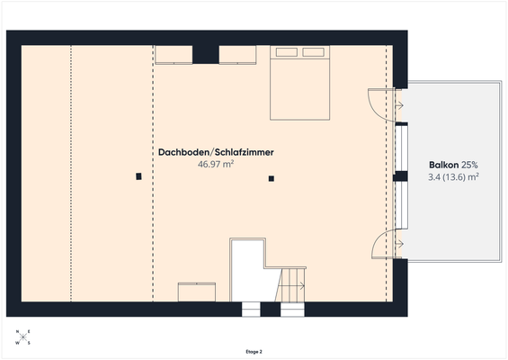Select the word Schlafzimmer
(x=242, y=153)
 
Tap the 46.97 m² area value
(x=216, y=166)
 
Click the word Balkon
(x=444, y=166)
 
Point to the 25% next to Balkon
(x=470, y=166)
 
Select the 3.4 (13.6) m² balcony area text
(x=453, y=178)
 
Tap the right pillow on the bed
(x=313, y=52)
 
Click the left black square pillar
(x=138, y=176)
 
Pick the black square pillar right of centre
(x=271, y=179)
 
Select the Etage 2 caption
(x=254, y=351)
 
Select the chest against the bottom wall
(x=197, y=293)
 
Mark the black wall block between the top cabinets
(x=206, y=53)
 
